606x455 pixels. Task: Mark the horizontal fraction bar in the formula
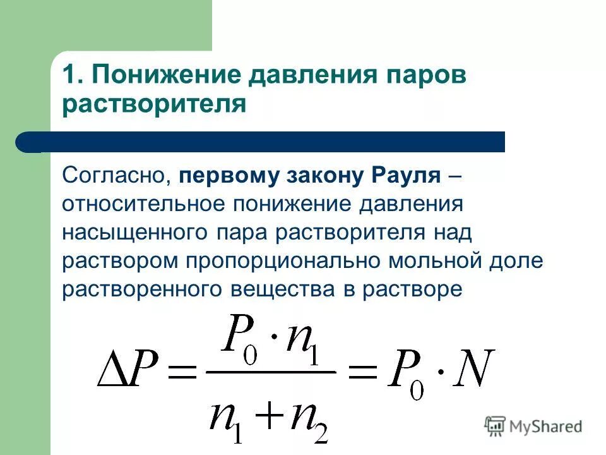[x=271, y=372]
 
